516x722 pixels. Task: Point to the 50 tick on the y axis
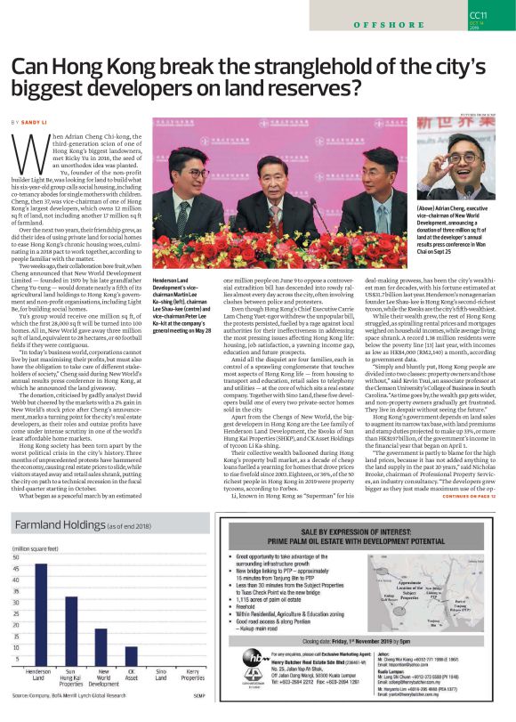[16, 557]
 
